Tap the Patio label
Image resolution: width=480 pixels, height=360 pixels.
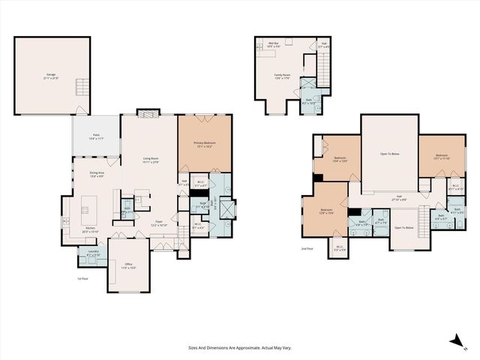click(96, 136)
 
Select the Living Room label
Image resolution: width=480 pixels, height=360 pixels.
click(148, 160)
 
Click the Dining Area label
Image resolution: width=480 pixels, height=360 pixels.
click(96, 175)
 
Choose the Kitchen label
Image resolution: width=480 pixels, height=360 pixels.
click(90, 231)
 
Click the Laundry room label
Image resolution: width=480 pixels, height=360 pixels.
click(93, 253)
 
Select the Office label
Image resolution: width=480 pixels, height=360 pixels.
click(129, 265)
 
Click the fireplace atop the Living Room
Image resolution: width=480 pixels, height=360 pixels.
click(148, 114)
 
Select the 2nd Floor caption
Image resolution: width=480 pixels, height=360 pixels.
click(307, 248)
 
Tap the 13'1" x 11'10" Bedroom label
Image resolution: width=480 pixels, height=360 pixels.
click(442, 157)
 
